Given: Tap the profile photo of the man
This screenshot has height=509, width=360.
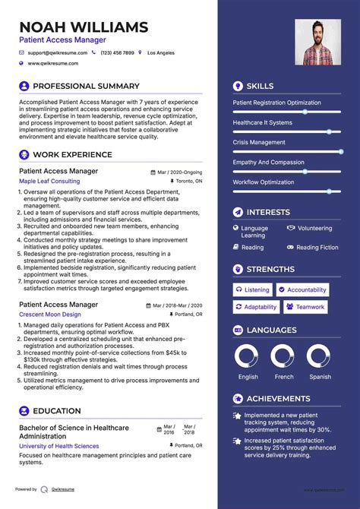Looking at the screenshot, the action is (x=317, y=42).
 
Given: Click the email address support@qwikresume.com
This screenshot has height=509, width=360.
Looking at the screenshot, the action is (x=58, y=53).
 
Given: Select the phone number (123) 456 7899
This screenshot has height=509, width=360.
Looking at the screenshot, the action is (x=118, y=53).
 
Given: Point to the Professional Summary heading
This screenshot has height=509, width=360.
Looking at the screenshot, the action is (x=86, y=87).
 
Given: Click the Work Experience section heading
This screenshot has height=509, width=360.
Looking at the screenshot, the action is (x=72, y=154).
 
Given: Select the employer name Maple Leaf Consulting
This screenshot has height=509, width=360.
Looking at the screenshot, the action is (x=49, y=182).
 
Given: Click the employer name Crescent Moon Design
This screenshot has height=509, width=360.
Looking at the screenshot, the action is (x=50, y=315).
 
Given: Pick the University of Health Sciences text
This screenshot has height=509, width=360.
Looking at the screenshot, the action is (x=58, y=446).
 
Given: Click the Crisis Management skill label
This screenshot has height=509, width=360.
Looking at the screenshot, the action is (x=259, y=142).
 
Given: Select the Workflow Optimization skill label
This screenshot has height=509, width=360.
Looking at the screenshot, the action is (x=263, y=182).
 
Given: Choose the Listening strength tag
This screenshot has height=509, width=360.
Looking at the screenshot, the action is (x=253, y=289).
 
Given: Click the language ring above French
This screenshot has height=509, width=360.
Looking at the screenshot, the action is (x=283, y=357).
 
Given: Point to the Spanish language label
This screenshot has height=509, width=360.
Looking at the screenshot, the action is (x=320, y=377).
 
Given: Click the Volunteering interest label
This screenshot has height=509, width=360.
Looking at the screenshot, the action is (x=314, y=228).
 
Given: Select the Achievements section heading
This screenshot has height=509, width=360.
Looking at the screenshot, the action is (x=278, y=399).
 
